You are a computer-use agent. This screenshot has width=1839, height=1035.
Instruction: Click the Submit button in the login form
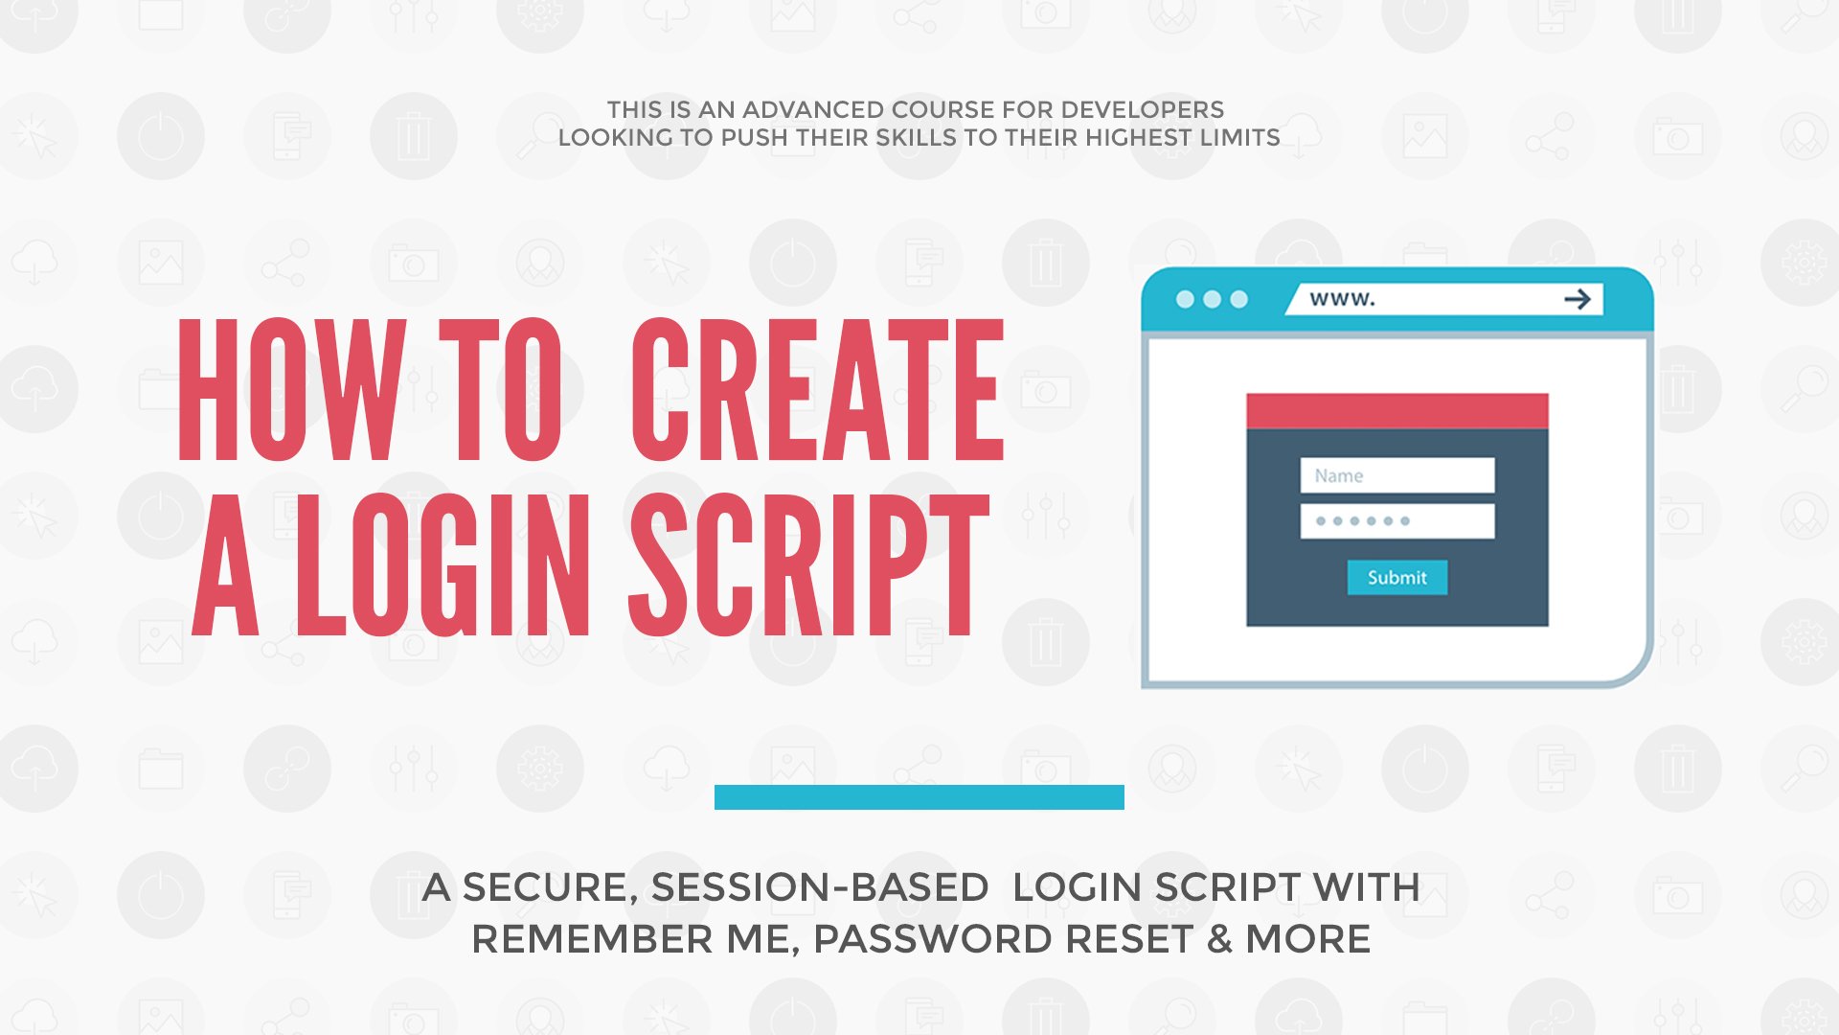click(1396, 577)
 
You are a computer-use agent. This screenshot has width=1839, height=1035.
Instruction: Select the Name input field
click(1396, 475)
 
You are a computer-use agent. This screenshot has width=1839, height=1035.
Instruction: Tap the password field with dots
click(1396, 521)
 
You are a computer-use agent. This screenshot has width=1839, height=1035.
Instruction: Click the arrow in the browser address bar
click(1577, 300)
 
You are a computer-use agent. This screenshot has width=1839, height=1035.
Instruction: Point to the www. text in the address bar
click(1342, 299)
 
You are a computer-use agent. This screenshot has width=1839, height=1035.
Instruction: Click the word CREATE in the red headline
click(817, 390)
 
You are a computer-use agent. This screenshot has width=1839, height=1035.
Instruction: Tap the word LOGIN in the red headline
click(443, 565)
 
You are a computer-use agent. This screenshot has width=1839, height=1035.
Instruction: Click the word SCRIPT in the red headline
click(809, 565)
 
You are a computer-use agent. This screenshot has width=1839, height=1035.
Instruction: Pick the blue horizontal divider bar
click(919, 797)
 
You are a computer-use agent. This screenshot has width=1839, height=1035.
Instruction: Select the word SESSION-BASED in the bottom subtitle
click(820, 887)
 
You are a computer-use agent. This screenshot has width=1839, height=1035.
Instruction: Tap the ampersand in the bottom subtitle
click(1219, 939)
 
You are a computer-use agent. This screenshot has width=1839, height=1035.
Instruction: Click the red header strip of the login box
click(1396, 411)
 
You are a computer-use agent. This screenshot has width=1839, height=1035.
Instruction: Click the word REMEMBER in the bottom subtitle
click(592, 939)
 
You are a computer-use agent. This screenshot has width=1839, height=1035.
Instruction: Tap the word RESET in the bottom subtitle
click(1129, 939)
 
